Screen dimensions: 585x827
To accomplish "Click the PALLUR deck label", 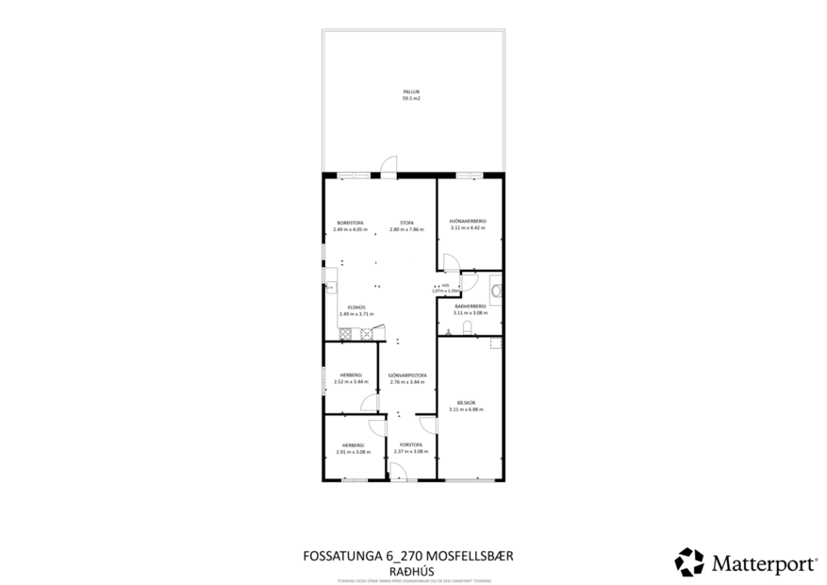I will coord(411,92).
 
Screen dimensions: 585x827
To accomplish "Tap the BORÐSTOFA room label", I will coord(350,224).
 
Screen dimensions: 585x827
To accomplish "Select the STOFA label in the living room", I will coord(407,224).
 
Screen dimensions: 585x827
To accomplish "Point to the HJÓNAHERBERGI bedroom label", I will coord(468,222).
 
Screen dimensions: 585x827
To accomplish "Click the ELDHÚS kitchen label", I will coord(356,308).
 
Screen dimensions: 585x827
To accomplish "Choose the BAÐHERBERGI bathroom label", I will coord(470,307).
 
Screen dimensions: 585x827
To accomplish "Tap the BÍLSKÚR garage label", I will coord(468,403).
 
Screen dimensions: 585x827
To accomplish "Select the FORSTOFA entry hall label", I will coord(409,444).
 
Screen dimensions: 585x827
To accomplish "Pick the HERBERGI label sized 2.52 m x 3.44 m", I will coord(351,376).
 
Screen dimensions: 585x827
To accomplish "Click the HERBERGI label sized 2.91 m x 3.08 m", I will coord(353,444).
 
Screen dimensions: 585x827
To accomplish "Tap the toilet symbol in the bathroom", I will coord(468,328).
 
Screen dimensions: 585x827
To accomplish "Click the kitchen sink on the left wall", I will coord(330,286).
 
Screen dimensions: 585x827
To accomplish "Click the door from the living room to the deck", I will coord(388,169).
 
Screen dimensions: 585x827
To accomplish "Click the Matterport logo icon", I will coord(689,561).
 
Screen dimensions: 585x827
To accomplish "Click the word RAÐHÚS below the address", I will coord(410,570).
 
